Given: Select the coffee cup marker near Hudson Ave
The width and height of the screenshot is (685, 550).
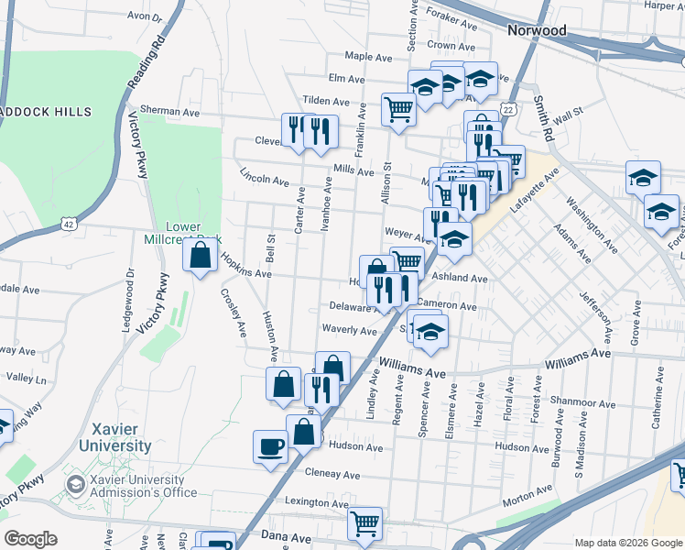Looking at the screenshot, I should (x=271, y=446).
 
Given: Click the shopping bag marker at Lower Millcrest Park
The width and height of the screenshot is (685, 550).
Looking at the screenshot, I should (x=200, y=256).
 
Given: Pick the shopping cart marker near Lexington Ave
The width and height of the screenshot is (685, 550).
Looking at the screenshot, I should (x=365, y=524).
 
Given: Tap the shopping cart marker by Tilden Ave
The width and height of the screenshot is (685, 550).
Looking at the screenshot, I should (x=399, y=109).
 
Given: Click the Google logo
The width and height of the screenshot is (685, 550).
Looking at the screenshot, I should (x=30, y=539).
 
